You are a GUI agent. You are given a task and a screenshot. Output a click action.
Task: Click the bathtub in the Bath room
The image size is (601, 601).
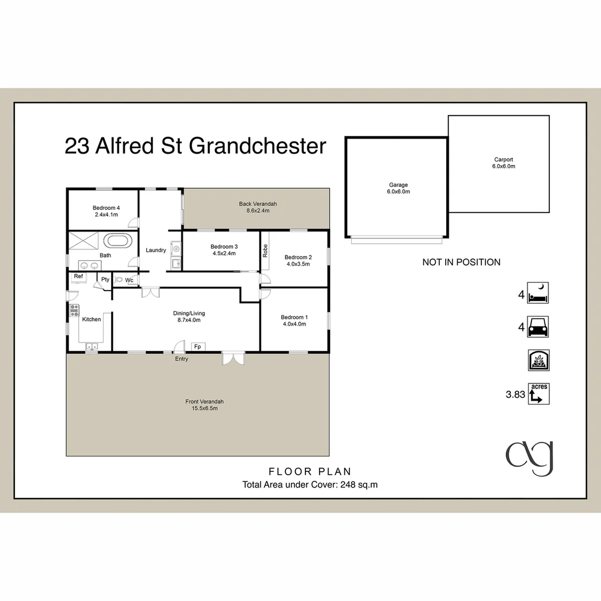[119, 242]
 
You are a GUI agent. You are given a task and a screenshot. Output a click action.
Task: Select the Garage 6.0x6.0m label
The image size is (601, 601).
[398, 188]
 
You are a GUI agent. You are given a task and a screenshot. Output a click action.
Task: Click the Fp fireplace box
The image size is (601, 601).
[197, 347]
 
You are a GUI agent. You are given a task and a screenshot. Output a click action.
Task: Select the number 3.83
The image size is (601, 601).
[515, 395]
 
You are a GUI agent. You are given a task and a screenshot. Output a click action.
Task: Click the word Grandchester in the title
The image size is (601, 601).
[258, 146]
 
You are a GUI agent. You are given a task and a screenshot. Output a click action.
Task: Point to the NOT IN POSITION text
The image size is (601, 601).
[461, 262]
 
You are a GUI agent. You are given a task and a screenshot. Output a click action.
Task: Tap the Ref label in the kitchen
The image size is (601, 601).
[78, 277]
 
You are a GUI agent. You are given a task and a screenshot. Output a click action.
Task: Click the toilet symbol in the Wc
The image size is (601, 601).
[118, 280]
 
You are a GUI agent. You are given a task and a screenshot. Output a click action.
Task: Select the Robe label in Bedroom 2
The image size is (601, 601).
[266, 252]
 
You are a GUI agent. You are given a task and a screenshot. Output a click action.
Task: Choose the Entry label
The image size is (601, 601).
[181, 359]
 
